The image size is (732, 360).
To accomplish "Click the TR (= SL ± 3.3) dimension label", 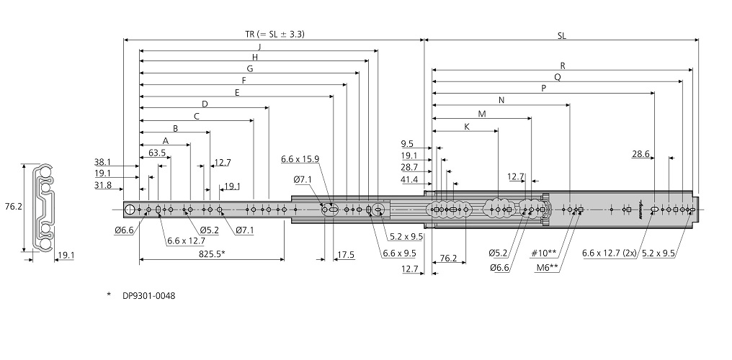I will point(274,34).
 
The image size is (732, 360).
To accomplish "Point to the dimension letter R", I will point(563,66).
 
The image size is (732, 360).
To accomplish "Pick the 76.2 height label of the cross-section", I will point(14,207).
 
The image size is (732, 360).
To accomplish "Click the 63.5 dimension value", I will point(157,153).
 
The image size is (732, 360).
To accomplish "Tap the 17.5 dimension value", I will point(346,254).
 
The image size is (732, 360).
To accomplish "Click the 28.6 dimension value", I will point(641,154).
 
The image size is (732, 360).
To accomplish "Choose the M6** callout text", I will point(547,266).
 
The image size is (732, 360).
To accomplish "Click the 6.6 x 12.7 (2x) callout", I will point(609,253).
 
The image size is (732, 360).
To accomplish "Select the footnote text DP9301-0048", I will point(149,295).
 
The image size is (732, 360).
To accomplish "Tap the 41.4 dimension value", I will point(409,179).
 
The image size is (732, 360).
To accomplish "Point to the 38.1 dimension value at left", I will point(103,162).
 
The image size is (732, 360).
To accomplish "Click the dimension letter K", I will point(466,126).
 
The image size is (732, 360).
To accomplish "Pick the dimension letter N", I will point(501,100).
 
